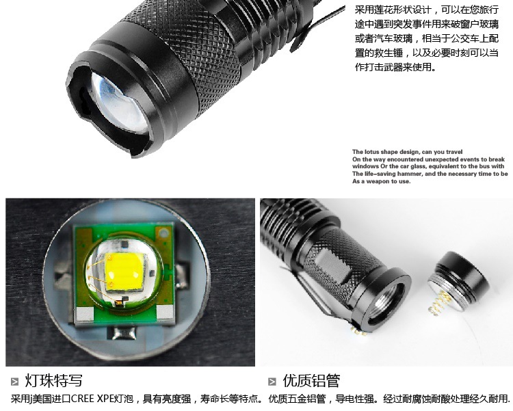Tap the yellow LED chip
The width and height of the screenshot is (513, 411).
(x=124, y=271)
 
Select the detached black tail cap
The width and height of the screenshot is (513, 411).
(x=458, y=282)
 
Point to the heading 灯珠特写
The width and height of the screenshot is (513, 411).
(x=53, y=381)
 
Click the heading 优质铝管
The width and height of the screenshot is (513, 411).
(x=311, y=381)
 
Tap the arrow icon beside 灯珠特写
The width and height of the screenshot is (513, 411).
(x=15, y=382)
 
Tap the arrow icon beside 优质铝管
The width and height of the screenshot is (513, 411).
(x=272, y=382)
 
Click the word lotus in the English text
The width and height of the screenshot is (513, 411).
(x=371, y=152)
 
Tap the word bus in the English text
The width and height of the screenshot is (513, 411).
(x=484, y=166)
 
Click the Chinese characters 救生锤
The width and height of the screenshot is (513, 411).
(x=392, y=53)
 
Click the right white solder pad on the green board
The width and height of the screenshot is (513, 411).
(x=166, y=313)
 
